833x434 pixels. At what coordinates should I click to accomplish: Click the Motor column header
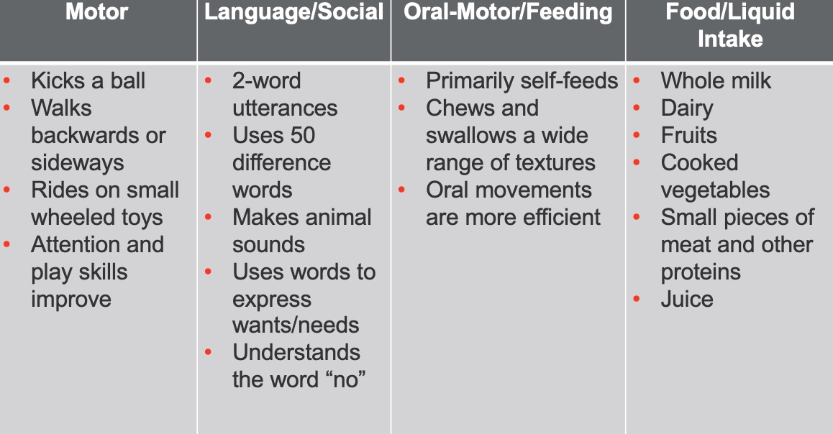[96, 11]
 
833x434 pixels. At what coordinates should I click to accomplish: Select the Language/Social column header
[293, 11]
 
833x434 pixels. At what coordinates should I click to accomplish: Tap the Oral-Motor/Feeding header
[508, 11]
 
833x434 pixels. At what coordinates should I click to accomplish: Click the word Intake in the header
[730, 39]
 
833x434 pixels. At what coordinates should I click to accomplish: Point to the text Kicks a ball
[88, 80]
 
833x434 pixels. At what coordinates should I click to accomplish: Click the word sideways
[78, 163]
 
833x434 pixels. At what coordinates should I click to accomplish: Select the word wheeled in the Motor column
[64, 218]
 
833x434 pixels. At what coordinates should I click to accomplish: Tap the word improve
[71, 300]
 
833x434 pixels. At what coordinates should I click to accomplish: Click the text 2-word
[267, 80]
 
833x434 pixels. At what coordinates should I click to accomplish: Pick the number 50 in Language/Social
[302, 135]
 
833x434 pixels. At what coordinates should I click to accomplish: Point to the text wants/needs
[296, 325]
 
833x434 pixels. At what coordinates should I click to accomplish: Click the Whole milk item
[716, 80]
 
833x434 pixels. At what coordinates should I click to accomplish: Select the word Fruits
[688, 135]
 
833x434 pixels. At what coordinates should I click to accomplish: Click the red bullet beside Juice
[637, 299]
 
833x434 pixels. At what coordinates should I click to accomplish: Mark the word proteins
[701, 273]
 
